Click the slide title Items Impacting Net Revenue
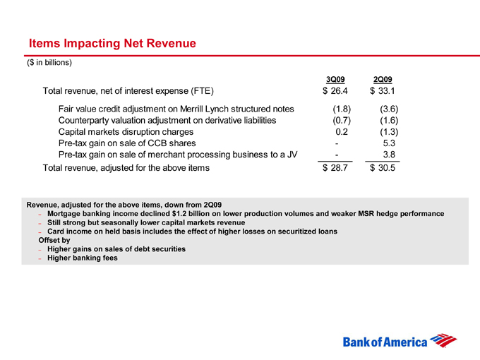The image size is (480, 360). [112, 44]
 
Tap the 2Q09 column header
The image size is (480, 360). [382, 78]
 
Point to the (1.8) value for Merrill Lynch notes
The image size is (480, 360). [342, 109]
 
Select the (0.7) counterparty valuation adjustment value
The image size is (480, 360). [342, 121]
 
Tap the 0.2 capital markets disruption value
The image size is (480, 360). [342, 132]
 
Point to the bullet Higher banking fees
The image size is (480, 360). [83, 258]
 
